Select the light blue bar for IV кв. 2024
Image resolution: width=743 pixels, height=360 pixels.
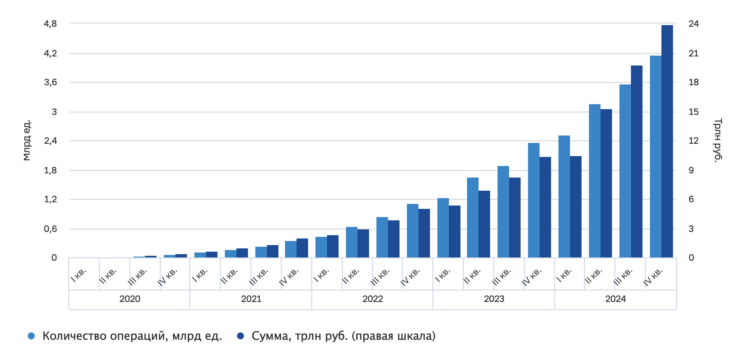pyautogui.click(x=655, y=157)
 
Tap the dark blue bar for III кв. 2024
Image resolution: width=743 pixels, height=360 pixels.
pyautogui.click(x=636, y=161)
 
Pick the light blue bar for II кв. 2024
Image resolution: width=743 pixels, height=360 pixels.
pyautogui.click(x=594, y=181)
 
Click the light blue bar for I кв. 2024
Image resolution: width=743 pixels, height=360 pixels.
pyautogui.click(x=564, y=196)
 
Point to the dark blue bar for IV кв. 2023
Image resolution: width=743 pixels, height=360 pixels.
pyautogui.click(x=545, y=207)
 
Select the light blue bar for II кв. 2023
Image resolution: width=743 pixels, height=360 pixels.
pyautogui.click(x=472, y=217)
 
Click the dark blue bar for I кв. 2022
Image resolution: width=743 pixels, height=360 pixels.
pyautogui.click(x=332, y=246)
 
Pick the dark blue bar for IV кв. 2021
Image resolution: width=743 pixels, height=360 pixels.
pyautogui.click(x=302, y=248)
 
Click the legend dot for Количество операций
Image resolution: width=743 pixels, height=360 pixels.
pyautogui.click(x=31, y=336)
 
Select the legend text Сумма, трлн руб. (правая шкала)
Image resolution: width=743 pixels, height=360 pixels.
pyautogui.click(x=343, y=336)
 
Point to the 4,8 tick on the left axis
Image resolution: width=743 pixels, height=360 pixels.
pyautogui.click(x=50, y=24)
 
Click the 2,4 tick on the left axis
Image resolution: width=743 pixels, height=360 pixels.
pyautogui.click(x=50, y=141)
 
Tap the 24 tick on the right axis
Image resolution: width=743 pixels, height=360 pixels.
pyautogui.click(x=694, y=24)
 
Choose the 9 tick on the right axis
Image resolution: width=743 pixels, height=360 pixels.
pyautogui.click(x=691, y=170)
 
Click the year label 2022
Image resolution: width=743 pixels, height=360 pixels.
pyautogui.click(x=372, y=299)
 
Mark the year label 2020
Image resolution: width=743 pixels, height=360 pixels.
pyautogui.click(x=130, y=299)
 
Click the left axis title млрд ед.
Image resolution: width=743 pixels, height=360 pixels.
pyautogui.click(x=27, y=140)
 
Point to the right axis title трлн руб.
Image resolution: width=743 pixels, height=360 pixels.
pyautogui.click(x=717, y=140)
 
